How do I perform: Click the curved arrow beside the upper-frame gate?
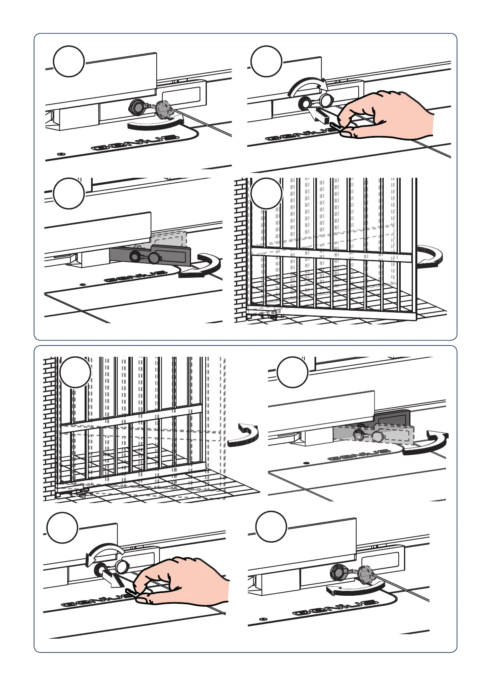(430, 256)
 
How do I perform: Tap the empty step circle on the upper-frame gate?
(266, 194)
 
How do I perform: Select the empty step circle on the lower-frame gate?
(75, 372)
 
